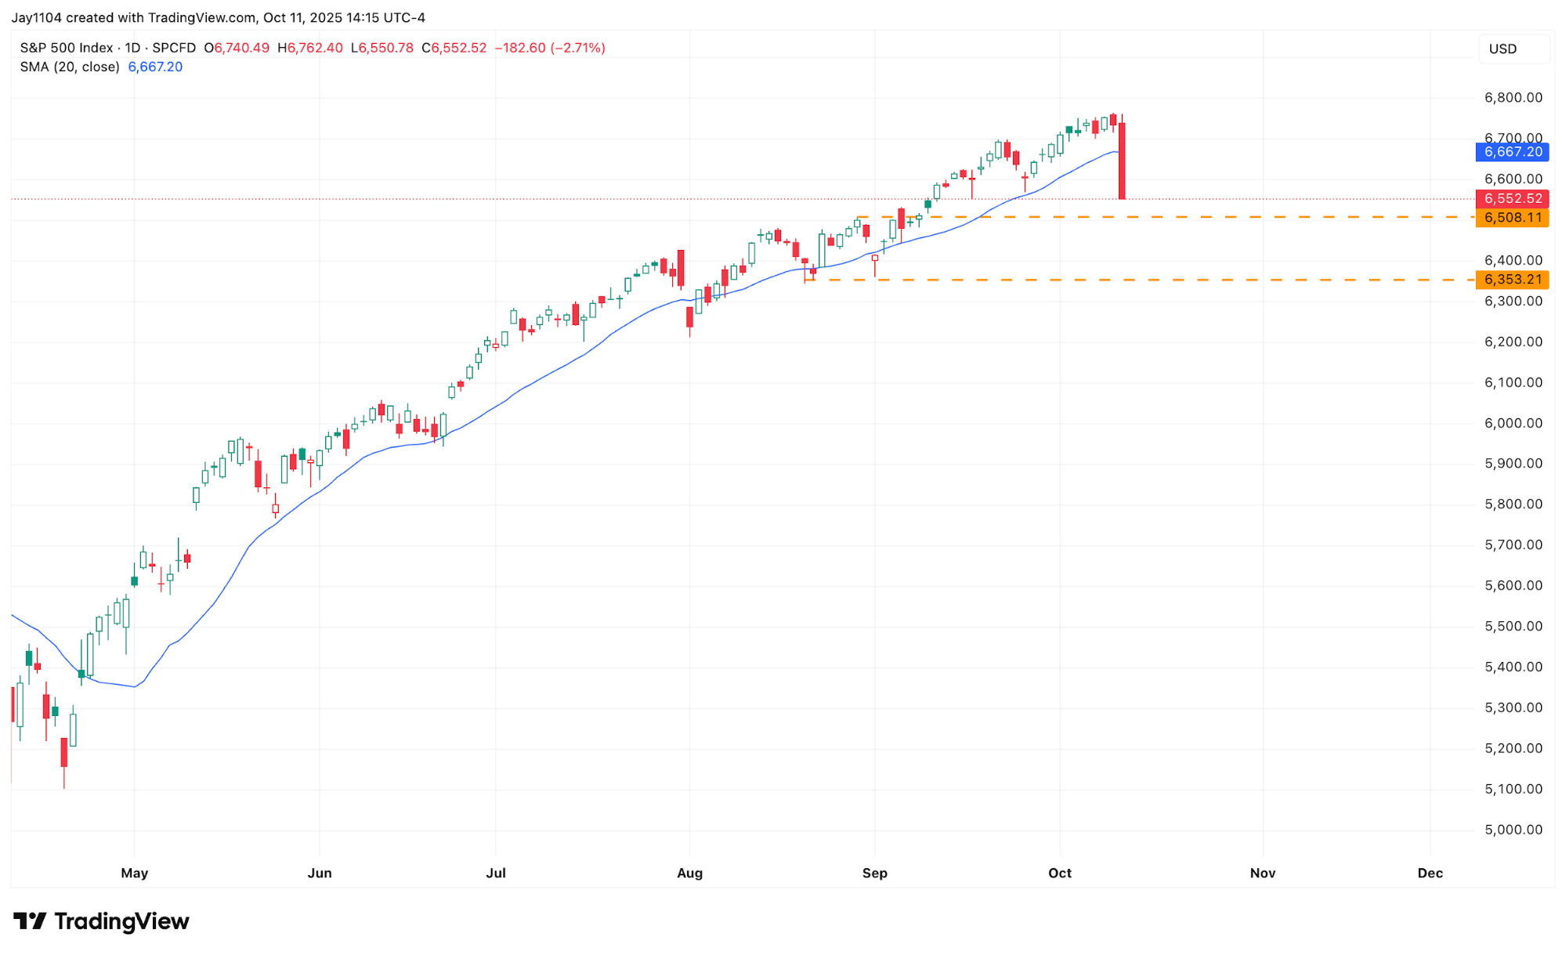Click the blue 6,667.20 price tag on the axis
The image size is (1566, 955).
tap(1511, 152)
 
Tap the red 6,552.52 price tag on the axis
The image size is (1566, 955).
tap(1511, 199)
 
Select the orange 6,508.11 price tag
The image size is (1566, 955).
tap(1511, 218)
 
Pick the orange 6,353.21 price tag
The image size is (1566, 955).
tap(1511, 280)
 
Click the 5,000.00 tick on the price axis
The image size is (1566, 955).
tap(1513, 830)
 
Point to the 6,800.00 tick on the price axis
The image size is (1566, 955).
tap(1513, 98)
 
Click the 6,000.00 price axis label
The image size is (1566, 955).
tap(1513, 423)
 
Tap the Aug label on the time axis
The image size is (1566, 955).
tap(689, 873)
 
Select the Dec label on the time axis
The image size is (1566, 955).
tap(1430, 873)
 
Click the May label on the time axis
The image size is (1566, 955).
tap(135, 873)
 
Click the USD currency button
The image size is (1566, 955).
tap(1503, 49)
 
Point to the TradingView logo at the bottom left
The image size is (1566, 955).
tap(102, 921)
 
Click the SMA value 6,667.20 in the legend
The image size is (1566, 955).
tap(155, 67)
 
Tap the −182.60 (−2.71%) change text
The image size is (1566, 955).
tap(550, 48)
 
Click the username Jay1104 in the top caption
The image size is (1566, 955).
tap(37, 17)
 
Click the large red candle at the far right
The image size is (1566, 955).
tap(1122, 161)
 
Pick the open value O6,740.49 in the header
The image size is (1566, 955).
tap(237, 48)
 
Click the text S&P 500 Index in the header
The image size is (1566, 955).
tap(67, 48)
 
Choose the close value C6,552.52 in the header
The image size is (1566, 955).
tap(454, 48)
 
